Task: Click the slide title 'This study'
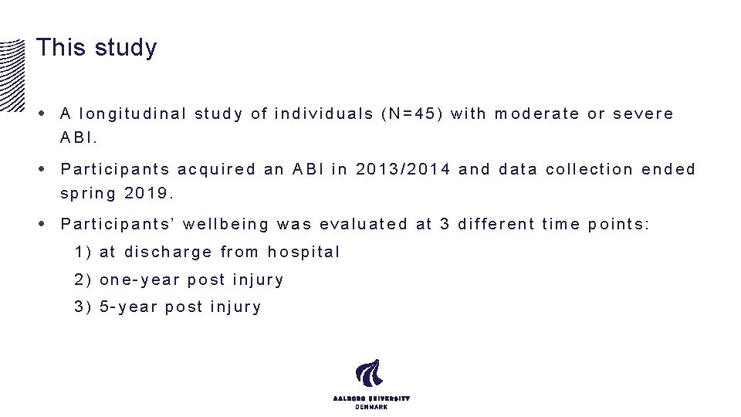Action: (x=96, y=48)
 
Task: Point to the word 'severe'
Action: (x=643, y=114)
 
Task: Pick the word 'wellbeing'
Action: (x=226, y=225)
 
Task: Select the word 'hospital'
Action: (x=303, y=252)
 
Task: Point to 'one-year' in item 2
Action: (x=140, y=280)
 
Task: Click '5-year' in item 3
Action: (x=129, y=307)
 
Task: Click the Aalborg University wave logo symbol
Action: (x=369, y=374)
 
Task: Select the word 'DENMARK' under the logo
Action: (x=370, y=407)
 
